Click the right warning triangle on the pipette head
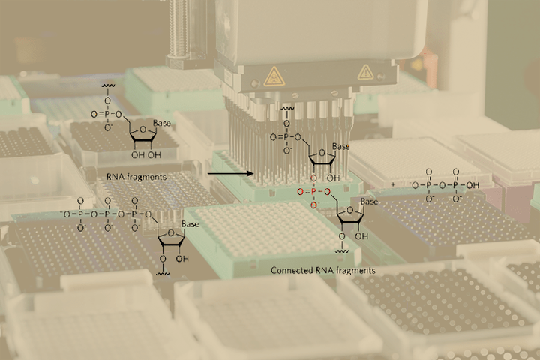[x=364, y=72]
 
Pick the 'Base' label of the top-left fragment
[x=163, y=124]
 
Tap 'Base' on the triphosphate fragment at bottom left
[x=190, y=223]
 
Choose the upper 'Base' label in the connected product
[x=341, y=146]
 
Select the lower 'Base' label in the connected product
[x=369, y=202]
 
